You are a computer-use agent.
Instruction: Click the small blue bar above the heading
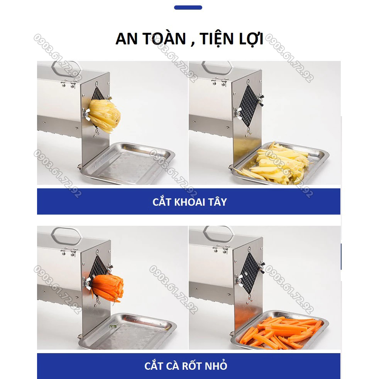pos(188,7)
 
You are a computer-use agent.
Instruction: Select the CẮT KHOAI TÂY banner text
pos(189,202)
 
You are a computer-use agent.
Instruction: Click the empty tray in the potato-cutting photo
pos(127,162)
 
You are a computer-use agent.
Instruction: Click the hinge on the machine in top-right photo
pos(218,82)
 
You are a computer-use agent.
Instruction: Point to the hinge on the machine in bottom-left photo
pos(68,253)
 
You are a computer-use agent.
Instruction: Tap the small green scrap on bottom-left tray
pos(113,327)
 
